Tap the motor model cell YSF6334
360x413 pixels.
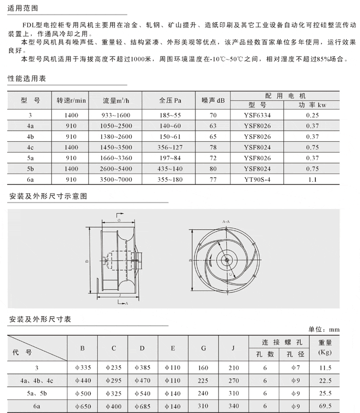(258, 116)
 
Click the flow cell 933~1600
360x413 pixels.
(117, 116)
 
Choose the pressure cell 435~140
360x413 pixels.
(170, 169)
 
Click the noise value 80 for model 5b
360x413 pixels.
(213, 169)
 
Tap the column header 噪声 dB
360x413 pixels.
(213, 100)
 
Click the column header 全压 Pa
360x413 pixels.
(170, 100)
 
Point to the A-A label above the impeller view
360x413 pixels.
(226, 221)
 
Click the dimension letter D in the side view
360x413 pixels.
(87, 261)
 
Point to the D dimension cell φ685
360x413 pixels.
(142, 405)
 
